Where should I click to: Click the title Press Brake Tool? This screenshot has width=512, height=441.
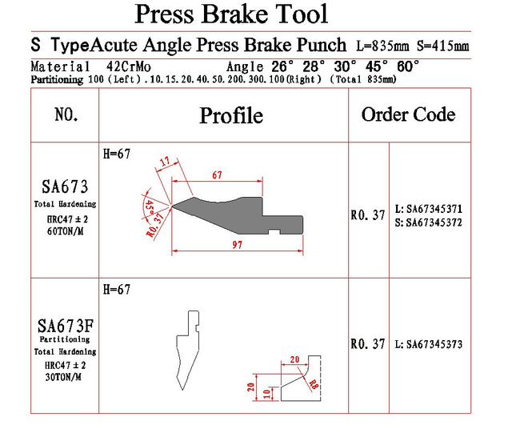pos(231,14)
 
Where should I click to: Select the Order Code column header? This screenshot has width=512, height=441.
pos(408,114)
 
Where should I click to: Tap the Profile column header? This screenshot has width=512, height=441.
pos(231,115)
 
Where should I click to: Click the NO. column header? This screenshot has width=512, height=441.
pos(66,114)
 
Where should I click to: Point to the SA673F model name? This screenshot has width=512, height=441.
pos(66,326)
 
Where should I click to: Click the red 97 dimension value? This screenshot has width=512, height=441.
pos(238,245)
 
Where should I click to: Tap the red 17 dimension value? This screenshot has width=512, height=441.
pos(166,162)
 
